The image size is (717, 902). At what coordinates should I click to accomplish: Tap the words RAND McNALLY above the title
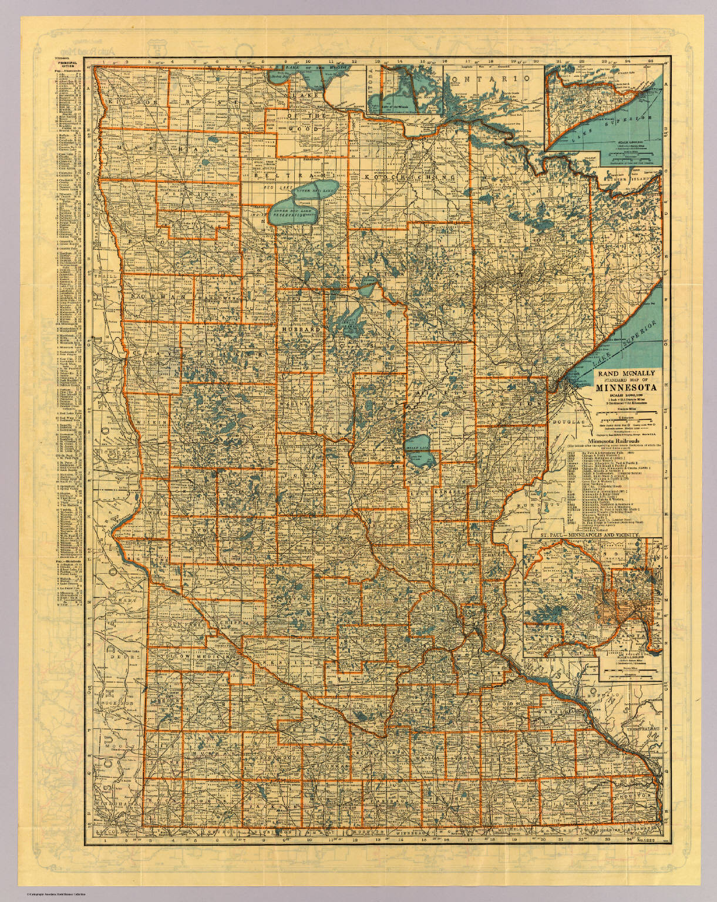point(627,372)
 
